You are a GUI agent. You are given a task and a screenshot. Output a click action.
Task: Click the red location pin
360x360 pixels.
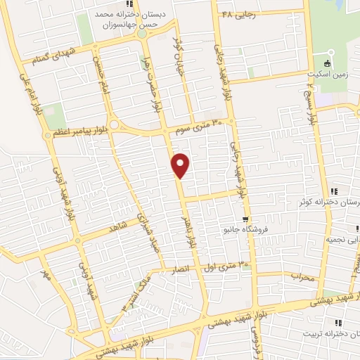[181, 165]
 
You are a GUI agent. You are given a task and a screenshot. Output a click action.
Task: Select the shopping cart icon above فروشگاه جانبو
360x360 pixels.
[245, 219]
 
